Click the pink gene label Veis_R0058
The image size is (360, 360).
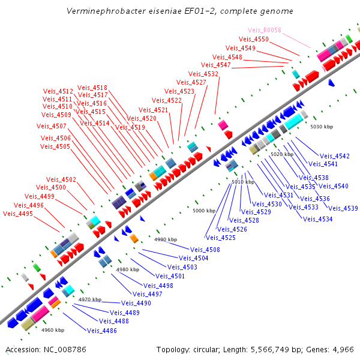(x=265, y=31)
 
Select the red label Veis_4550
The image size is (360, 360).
(x=254, y=40)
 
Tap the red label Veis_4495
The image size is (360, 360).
(x=18, y=214)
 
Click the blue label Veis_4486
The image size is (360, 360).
(x=102, y=330)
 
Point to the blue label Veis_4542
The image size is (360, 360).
(x=334, y=156)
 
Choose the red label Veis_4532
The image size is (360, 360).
(x=203, y=74)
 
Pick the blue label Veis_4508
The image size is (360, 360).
(x=205, y=250)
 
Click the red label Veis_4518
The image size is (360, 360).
(x=92, y=88)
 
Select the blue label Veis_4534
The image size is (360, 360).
(x=317, y=219)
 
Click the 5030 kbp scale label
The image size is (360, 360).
(x=321, y=127)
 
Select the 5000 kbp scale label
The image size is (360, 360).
(x=204, y=211)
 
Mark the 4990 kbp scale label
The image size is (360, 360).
(x=166, y=239)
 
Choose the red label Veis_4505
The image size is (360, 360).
(x=55, y=146)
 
